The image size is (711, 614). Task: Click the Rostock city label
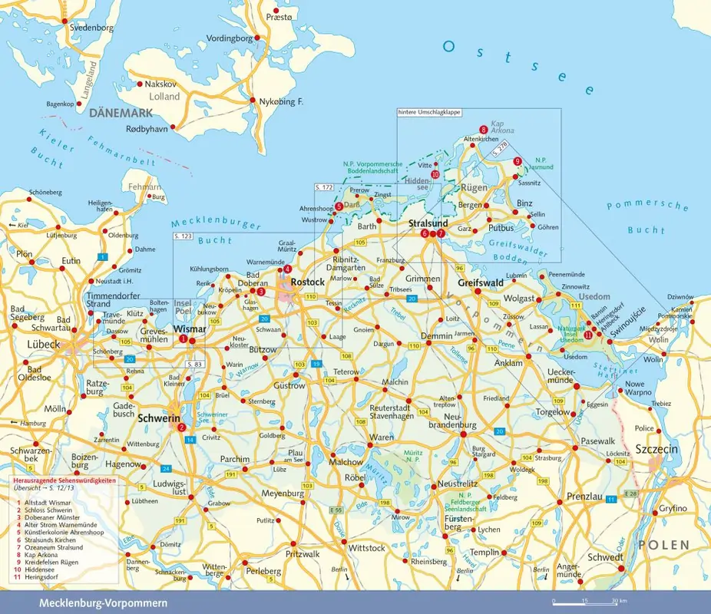point(308,282)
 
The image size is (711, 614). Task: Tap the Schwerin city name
point(158,419)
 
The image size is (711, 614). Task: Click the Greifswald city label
point(480,282)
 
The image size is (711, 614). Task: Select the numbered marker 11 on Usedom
point(588,335)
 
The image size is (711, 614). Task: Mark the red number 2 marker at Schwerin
point(181,427)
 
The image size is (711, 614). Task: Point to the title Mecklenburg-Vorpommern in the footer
point(103,603)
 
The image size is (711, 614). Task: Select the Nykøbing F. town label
point(282,102)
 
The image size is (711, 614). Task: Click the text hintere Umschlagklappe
point(428,112)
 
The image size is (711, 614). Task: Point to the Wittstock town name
point(366,548)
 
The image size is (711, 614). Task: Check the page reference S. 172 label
point(324,187)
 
